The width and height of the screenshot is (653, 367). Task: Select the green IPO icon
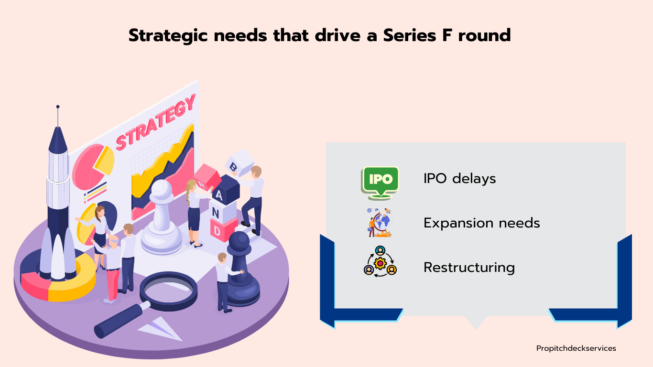(x=380, y=183)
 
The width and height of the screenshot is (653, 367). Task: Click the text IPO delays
(x=459, y=178)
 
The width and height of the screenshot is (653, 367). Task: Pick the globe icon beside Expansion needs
(x=380, y=223)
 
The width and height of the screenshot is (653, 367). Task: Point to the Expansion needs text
(x=481, y=223)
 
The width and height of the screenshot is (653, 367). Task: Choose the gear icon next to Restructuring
(x=380, y=261)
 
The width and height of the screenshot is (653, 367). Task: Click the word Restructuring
(x=469, y=268)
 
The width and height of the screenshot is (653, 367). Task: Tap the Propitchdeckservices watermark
(x=576, y=348)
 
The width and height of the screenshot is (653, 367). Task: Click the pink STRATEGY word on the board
(x=155, y=122)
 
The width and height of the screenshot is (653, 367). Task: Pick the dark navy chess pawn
(x=240, y=268)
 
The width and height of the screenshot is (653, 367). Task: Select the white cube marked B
(x=239, y=162)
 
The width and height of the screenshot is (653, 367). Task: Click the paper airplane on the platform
(x=160, y=329)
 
